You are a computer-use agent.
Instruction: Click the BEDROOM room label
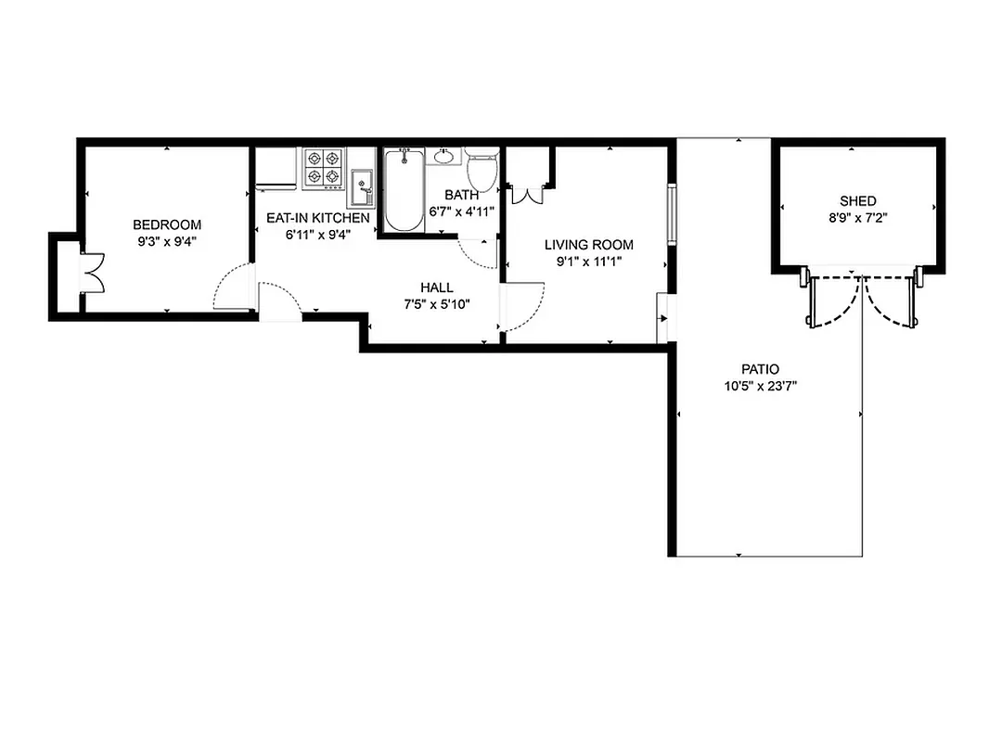tap(167, 224)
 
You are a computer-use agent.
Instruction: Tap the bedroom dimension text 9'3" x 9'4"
tap(167, 241)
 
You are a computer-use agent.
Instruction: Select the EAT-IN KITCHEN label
tap(318, 218)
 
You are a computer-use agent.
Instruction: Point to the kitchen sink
tap(360, 188)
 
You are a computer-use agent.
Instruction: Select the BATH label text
tap(461, 195)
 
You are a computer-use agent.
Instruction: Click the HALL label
tap(437, 288)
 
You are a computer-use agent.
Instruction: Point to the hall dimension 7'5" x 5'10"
tap(437, 303)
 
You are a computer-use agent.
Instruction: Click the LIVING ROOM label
tap(588, 245)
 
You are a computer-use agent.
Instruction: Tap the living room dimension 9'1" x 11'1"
tap(588, 262)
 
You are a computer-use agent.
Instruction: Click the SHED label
tap(857, 201)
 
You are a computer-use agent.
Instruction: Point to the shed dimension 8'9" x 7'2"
tap(857, 218)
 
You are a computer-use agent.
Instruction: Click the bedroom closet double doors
tap(91, 273)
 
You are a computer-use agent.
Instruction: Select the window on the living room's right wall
tap(671, 215)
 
